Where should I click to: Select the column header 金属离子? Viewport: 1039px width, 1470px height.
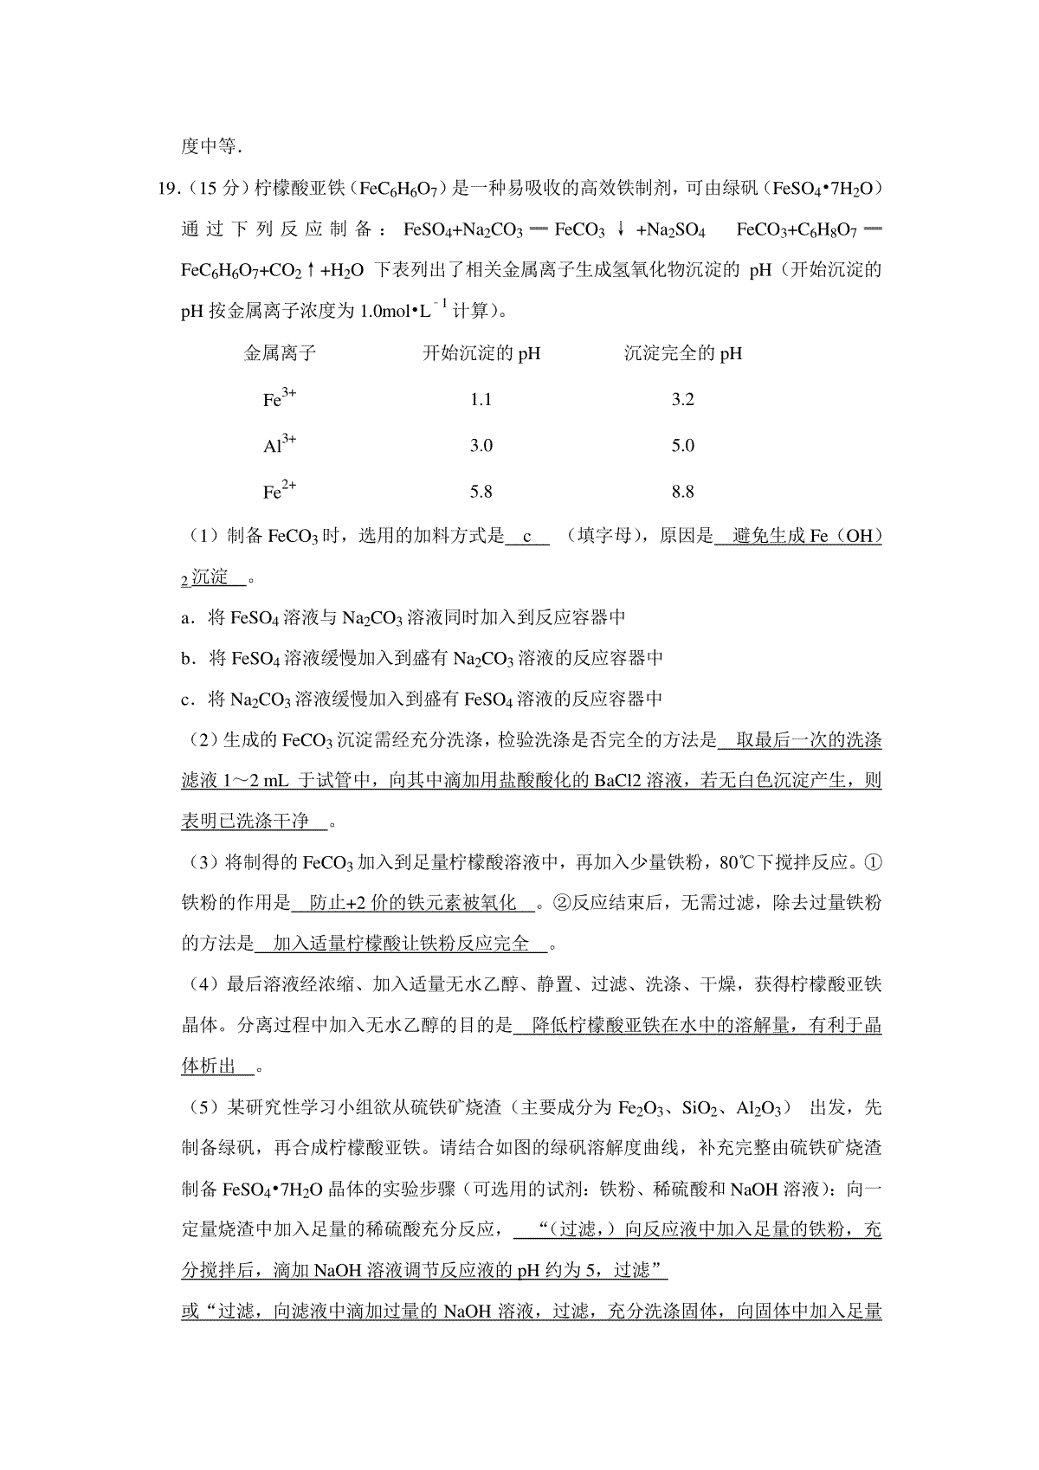[280, 353]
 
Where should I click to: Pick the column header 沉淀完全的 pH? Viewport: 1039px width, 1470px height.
[682, 353]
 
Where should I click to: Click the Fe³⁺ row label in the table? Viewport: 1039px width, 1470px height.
[279, 399]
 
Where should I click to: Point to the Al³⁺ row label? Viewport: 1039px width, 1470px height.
[279, 445]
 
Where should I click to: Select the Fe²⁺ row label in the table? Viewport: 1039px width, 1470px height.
[279, 491]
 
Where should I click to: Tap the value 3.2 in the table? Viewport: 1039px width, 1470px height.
[682, 400]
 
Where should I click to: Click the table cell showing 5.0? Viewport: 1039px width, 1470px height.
[682, 446]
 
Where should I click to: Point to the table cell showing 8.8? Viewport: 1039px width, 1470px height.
[682, 492]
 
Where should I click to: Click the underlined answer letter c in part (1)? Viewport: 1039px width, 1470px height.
[526, 537]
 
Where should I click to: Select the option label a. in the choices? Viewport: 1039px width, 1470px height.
[187, 618]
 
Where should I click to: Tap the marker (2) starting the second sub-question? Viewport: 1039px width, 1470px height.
[201, 741]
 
